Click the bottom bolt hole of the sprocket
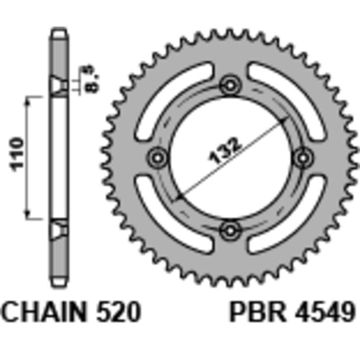pyautogui.click(x=230, y=231)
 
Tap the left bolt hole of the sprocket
pyautogui.click(x=157, y=157)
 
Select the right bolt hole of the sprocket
pyautogui.click(x=303, y=157)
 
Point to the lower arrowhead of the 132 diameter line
pyautogui.click(x=179, y=197)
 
